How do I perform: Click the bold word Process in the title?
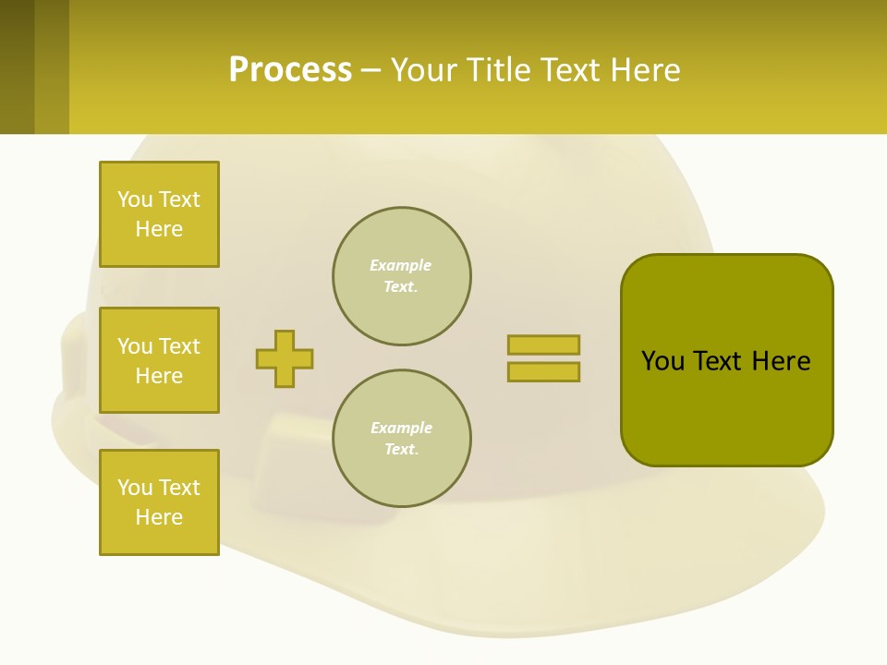[x=290, y=70]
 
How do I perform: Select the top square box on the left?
[x=159, y=214]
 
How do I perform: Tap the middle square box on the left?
[x=159, y=360]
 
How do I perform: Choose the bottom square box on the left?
[x=159, y=502]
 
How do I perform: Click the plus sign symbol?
[x=285, y=358]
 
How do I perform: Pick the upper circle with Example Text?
[x=402, y=276]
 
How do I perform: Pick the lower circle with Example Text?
[x=402, y=439]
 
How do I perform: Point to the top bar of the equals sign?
[x=543, y=345]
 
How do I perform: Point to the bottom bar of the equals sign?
[x=543, y=372]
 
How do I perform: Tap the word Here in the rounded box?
[x=781, y=361]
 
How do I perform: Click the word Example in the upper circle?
[x=400, y=265]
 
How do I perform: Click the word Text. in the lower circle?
[x=401, y=450]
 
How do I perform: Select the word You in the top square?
[x=134, y=199]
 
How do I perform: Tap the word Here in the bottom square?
[x=159, y=517]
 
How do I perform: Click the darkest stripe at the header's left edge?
[x=17, y=66]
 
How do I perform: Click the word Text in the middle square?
[x=180, y=346]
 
